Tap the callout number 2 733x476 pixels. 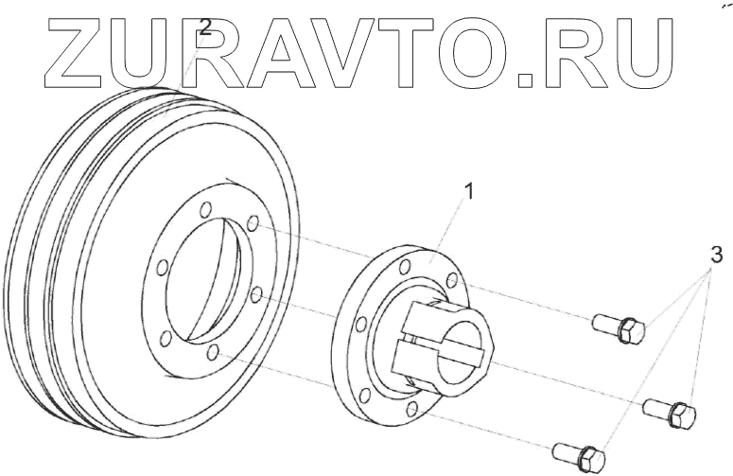pyautogui.click(x=204, y=28)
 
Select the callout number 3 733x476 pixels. pyautogui.click(x=717, y=255)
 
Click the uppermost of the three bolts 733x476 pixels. pyautogui.click(x=620, y=328)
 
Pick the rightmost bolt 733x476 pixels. pyautogui.click(x=671, y=412)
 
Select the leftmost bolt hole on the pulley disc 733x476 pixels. pyautogui.click(x=162, y=267)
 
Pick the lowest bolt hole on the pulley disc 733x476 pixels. pyautogui.click(x=213, y=352)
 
